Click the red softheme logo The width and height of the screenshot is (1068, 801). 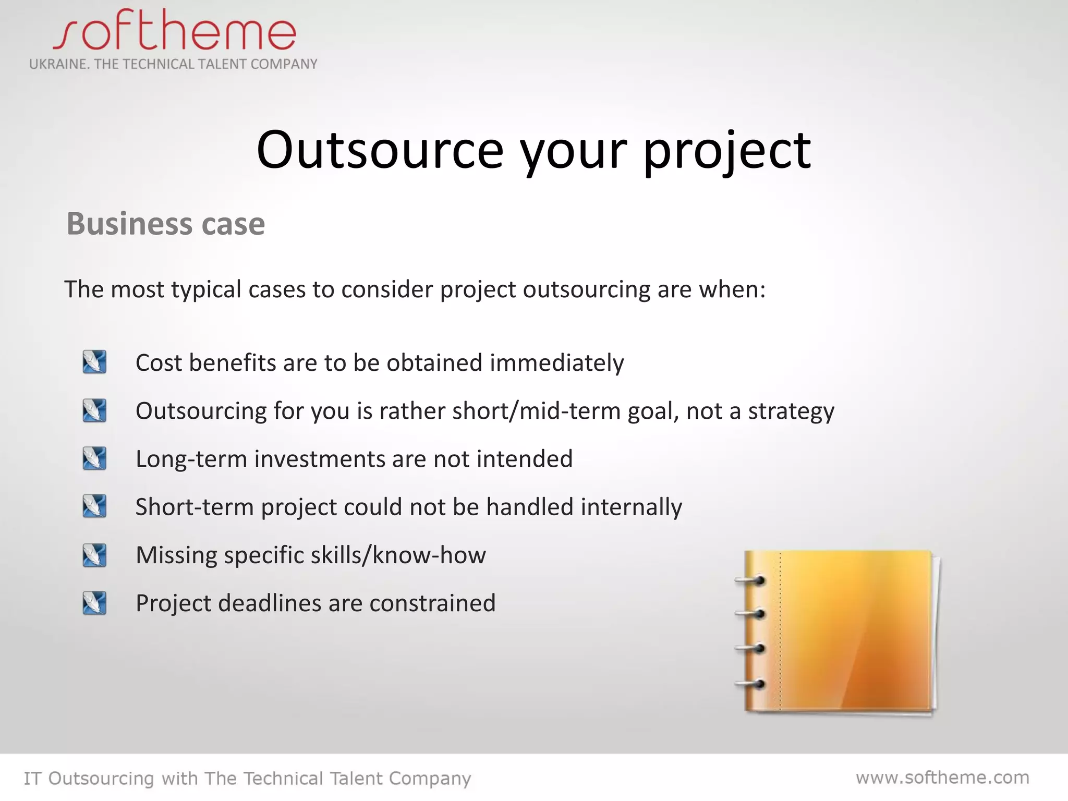click(175, 31)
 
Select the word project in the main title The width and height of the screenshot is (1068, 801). click(727, 151)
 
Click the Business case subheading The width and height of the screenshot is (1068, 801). click(166, 224)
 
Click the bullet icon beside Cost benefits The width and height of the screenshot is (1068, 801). click(94, 362)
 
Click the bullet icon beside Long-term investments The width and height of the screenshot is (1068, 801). click(94, 458)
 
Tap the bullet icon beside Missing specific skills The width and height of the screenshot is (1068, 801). click(94, 555)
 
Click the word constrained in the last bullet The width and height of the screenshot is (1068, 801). click(432, 603)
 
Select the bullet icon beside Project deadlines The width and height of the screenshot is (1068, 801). click(94, 603)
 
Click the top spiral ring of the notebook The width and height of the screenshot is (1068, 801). click(751, 580)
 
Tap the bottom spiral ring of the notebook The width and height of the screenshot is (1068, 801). click(751, 683)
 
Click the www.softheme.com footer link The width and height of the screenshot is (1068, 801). click(942, 778)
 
